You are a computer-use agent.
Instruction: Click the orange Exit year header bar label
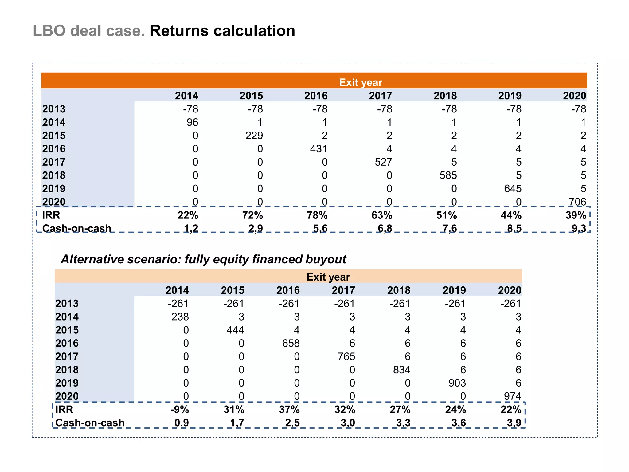361,82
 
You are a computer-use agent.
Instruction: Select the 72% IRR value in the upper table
252,215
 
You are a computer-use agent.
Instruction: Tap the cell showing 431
318,149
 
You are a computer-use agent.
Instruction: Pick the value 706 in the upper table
577,202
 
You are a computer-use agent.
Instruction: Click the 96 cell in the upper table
192,122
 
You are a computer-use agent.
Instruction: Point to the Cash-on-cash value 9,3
579,228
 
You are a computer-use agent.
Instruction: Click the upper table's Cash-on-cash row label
77,228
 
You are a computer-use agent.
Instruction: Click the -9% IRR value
180,410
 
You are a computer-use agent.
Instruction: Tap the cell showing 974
512,396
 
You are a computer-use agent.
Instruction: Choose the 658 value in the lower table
291,343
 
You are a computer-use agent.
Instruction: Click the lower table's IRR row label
64,410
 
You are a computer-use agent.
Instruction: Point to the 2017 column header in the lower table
343,290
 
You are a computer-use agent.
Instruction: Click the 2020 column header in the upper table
574,96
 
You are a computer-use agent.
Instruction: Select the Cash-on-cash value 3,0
348,423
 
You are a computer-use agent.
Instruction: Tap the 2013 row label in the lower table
67,304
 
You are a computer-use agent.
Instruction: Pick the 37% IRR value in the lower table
289,410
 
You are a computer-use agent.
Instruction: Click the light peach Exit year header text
328,277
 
